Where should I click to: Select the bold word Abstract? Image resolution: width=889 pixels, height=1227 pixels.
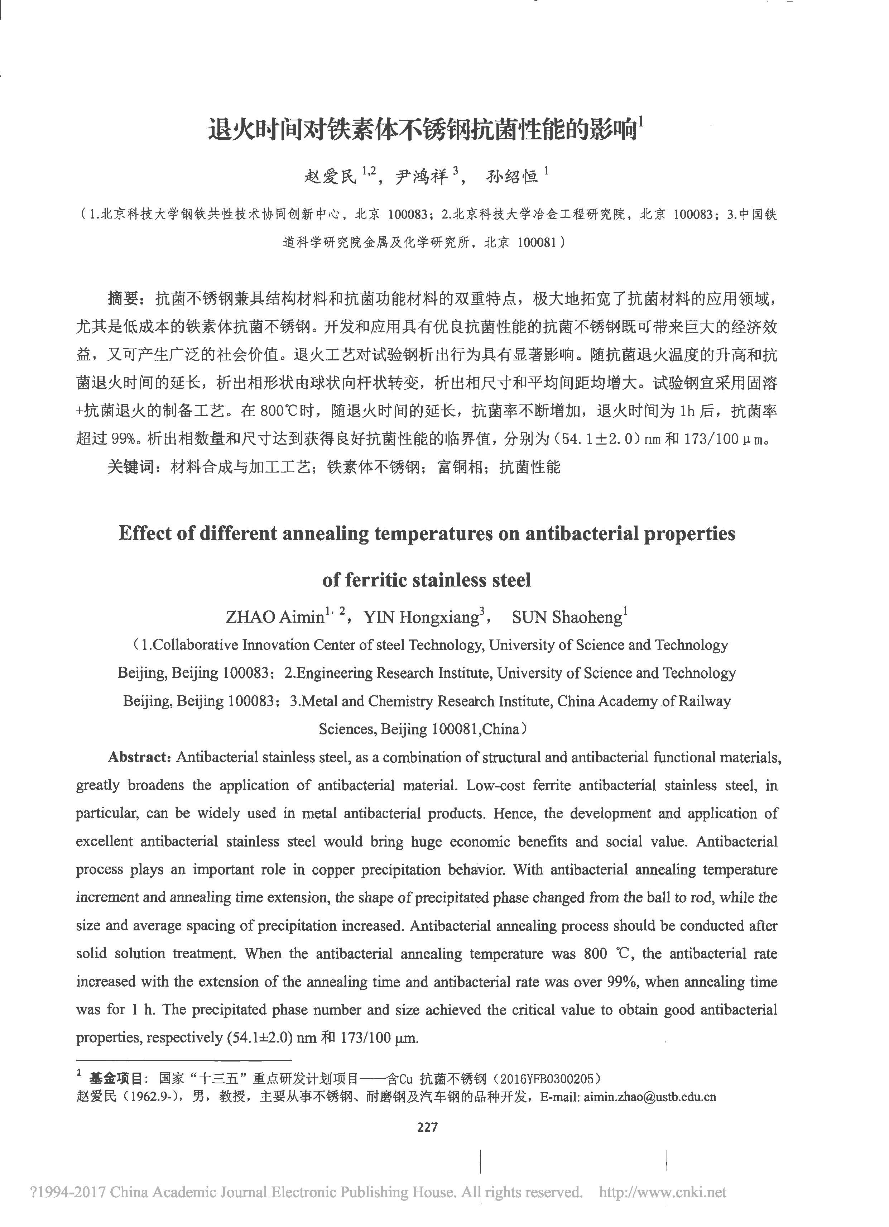coord(140,757)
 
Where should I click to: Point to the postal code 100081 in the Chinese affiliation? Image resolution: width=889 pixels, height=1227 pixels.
coord(537,243)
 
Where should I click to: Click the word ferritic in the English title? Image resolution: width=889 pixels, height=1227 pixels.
coord(375,580)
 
